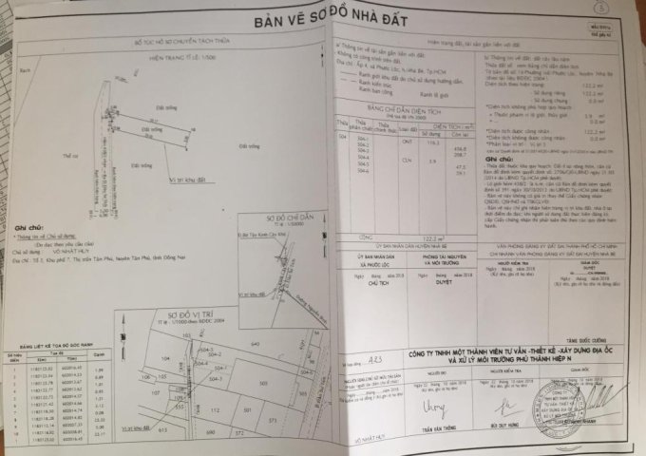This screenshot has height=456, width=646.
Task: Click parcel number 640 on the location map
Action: pos(254,343)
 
